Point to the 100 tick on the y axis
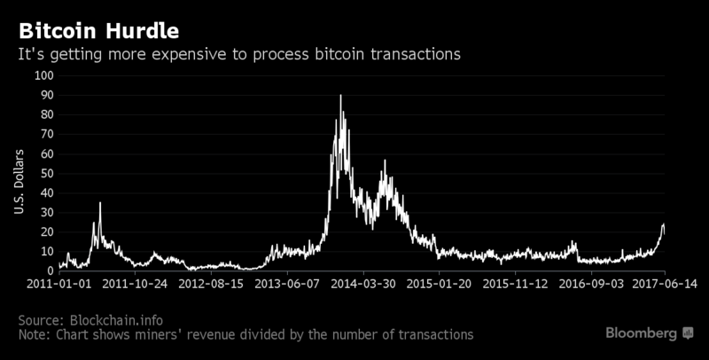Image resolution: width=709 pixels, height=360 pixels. click(44, 75)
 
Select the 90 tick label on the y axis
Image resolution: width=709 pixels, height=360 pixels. click(47, 95)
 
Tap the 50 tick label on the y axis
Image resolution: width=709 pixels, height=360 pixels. click(47, 173)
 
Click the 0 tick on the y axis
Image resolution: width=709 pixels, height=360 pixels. click(51, 270)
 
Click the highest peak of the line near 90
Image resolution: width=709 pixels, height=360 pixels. click(340, 96)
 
